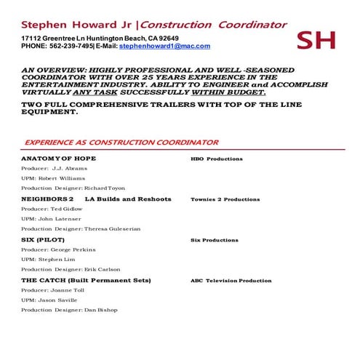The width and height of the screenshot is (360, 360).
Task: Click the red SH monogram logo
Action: coord(316,40)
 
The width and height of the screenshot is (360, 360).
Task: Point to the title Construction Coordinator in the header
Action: coord(214,24)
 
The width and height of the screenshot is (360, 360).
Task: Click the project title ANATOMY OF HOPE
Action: coord(58,158)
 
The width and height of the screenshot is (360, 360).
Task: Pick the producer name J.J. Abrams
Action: coord(70,168)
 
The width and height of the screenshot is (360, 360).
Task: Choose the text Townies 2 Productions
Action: coord(225,199)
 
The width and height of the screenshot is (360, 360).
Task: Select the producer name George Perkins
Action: coord(73,249)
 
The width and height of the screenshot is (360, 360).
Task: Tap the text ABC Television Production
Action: coord(231,280)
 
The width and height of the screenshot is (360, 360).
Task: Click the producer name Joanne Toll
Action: coord(68,290)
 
